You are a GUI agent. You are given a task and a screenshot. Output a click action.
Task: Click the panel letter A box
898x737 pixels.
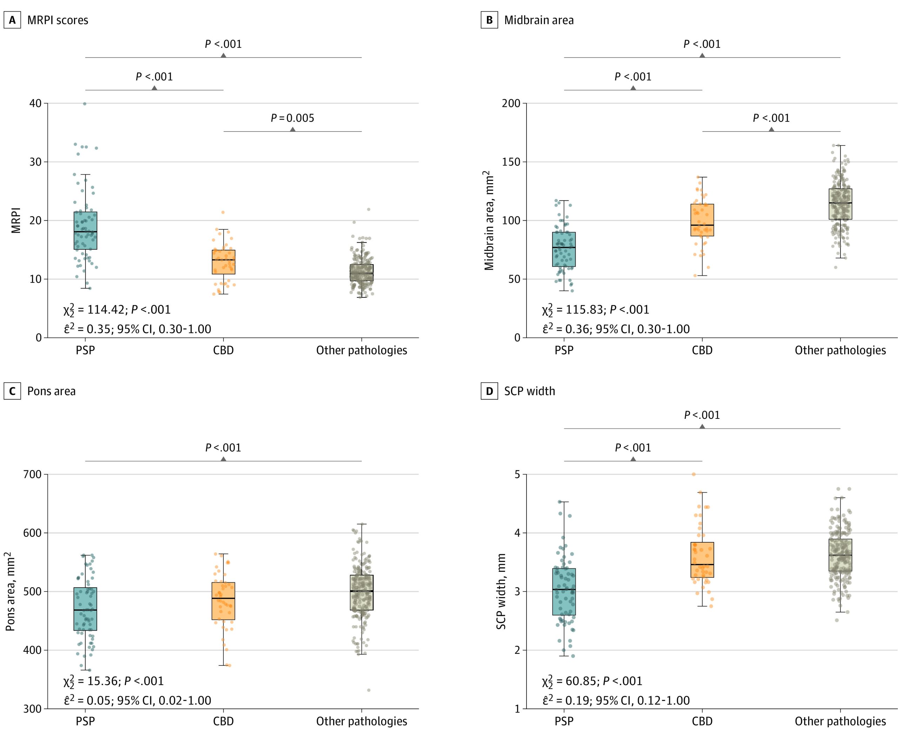pyautogui.click(x=12, y=20)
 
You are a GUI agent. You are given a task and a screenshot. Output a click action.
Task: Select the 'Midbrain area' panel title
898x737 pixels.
pyautogui.click(x=538, y=20)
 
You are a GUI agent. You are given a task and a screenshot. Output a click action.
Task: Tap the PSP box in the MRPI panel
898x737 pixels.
pyautogui.click(x=85, y=230)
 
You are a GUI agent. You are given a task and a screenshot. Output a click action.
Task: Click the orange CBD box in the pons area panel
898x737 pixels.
pyautogui.click(x=223, y=601)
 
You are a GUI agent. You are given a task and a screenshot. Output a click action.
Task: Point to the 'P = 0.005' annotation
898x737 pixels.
pyautogui.click(x=293, y=118)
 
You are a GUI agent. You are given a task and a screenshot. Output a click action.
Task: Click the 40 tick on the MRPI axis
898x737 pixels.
pyautogui.click(x=36, y=103)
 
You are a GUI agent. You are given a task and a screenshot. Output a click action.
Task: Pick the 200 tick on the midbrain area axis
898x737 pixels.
pyautogui.click(x=511, y=103)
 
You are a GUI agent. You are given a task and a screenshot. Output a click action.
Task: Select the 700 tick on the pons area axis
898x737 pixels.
pyautogui.click(x=32, y=475)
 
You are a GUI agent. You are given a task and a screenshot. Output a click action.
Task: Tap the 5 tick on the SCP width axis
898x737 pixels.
pyautogui.click(x=517, y=475)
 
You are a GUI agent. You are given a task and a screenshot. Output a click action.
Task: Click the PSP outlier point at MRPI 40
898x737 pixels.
pyautogui.click(x=85, y=103)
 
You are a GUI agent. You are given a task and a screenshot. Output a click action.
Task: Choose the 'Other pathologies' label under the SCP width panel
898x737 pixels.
pyautogui.click(x=840, y=721)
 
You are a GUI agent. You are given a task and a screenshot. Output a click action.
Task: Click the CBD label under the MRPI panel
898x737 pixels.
pyautogui.click(x=223, y=350)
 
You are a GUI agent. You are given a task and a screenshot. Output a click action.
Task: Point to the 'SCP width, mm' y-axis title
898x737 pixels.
pyautogui.click(x=501, y=591)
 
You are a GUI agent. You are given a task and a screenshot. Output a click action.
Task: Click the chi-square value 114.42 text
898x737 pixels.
pyautogui.click(x=106, y=310)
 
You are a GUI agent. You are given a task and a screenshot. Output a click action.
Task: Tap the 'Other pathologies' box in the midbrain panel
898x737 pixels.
pyautogui.click(x=840, y=204)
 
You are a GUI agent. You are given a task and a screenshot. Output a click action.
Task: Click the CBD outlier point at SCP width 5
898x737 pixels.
pyautogui.click(x=694, y=474)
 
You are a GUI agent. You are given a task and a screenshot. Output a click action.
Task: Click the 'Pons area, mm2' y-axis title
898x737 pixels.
pyautogui.click(x=10, y=591)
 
